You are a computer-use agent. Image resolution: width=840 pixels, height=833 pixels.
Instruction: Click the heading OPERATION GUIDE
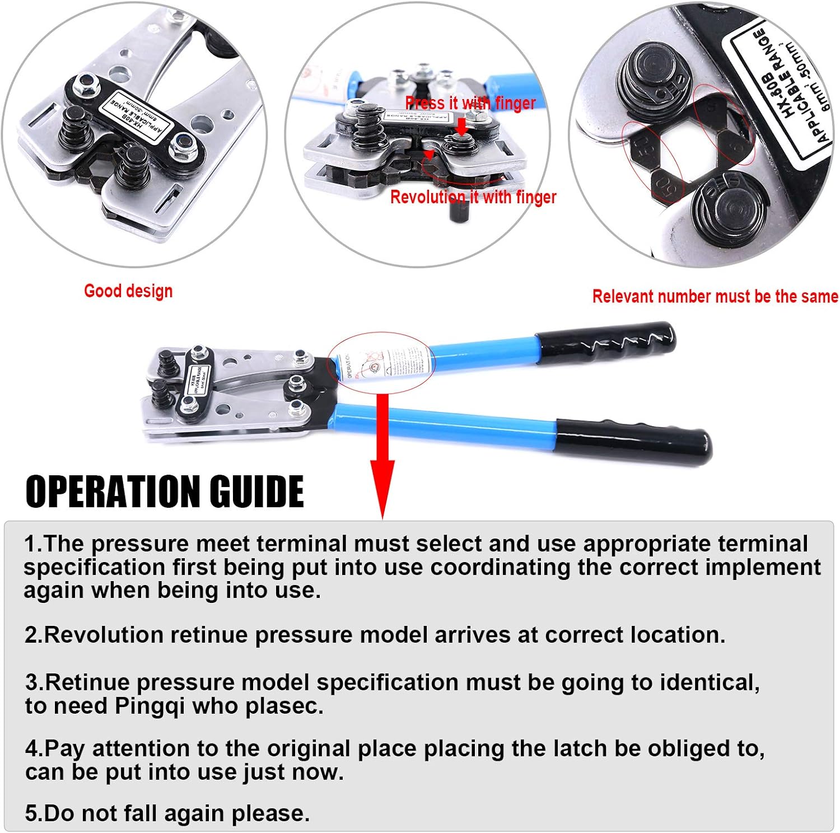(x=165, y=492)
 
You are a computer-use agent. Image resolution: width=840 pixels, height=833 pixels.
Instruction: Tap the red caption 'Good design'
(x=128, y=291)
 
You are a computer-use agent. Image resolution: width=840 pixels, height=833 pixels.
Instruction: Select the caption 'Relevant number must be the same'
(x=715, y=296)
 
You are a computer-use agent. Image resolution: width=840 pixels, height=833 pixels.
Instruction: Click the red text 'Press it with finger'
(x=470, y=103)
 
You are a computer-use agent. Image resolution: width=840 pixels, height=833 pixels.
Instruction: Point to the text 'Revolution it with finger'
(x=473, y=197)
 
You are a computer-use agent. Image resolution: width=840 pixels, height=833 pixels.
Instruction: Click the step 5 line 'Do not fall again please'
(x=167, y=813)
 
